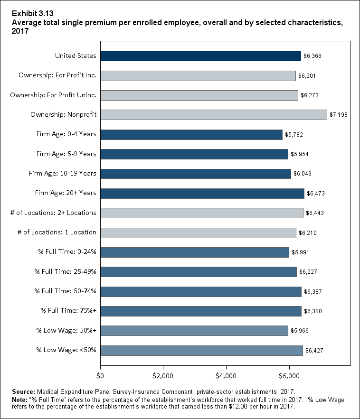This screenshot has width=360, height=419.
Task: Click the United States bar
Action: pos(200,56)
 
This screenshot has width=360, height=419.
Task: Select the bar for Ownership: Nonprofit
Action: pos(213,115)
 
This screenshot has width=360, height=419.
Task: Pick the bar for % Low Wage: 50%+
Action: pos(194,331)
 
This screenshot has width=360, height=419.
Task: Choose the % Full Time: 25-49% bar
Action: pos(198,272)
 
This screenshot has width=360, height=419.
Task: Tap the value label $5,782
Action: pos(294,135)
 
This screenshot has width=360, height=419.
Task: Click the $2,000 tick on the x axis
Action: pos(163,377)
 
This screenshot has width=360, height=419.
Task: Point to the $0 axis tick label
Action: pos(100,377)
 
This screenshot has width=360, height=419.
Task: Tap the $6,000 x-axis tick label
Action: pos(289,377)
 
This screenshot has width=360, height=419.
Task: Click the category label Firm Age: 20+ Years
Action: pos(66,193)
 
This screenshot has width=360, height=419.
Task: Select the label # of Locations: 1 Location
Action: pos(53,233)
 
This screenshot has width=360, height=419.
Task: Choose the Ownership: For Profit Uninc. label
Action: pos(53,95)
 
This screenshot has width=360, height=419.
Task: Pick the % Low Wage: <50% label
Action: pos(66,350)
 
